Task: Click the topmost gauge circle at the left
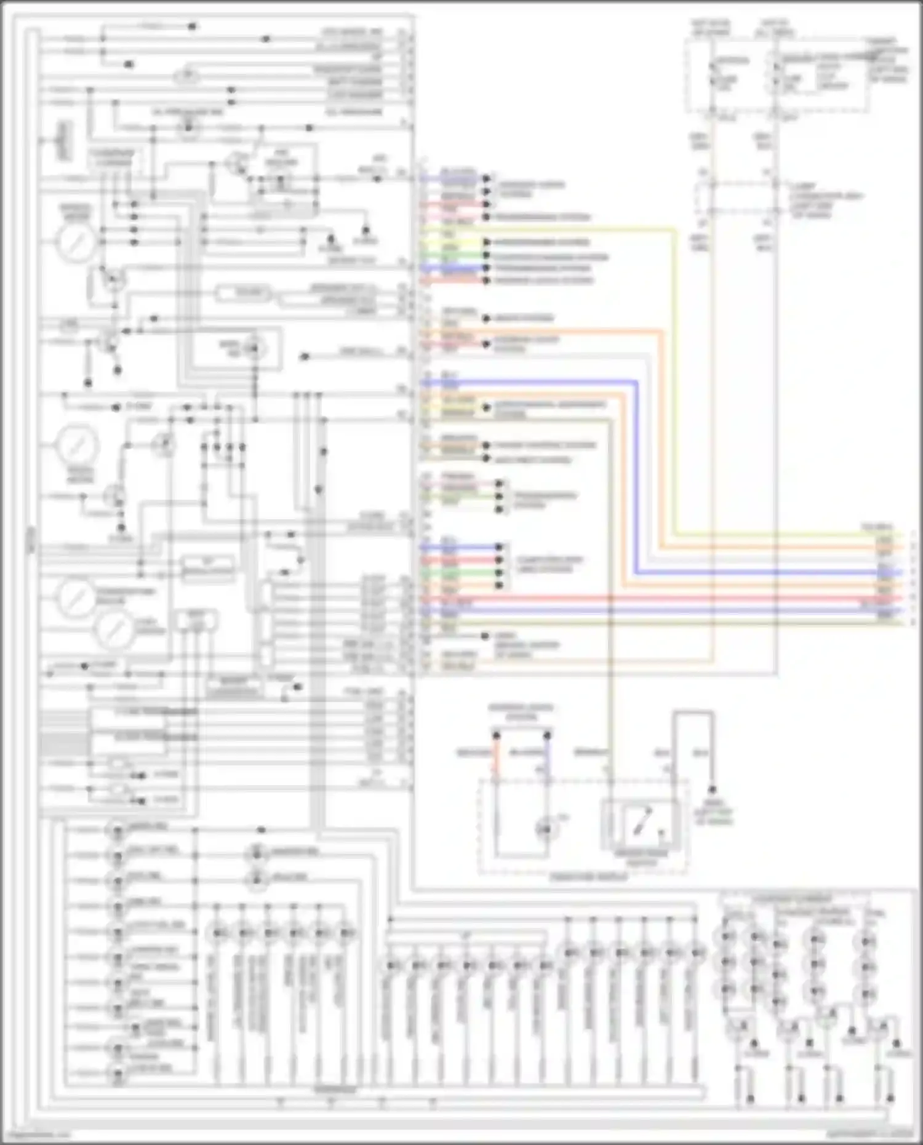point(77,242)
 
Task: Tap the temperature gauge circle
point(77,599)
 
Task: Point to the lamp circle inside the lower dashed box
point(545,830)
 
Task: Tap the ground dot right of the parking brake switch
point(712,790)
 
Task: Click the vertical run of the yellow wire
point(675,381)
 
